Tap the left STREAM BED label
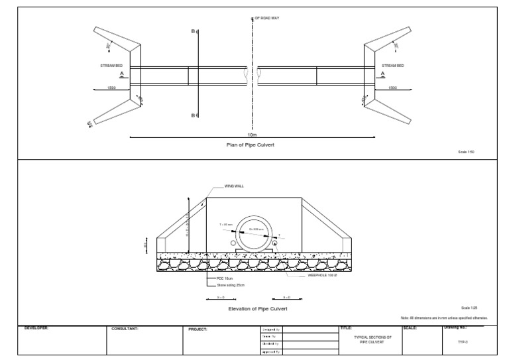pos(111,66)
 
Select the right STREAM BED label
pos(393,66)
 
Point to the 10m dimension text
pos(252,134)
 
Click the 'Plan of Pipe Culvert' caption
pos(251,143)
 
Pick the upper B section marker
pos(193,31)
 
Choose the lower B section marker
pos(193,115)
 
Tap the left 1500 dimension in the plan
pos(111,88)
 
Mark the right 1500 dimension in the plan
pos(392,88)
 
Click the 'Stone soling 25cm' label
pos(222,285)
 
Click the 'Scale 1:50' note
pos(467,151)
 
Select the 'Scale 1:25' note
pos(469,308)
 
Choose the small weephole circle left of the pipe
pos(234,243)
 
